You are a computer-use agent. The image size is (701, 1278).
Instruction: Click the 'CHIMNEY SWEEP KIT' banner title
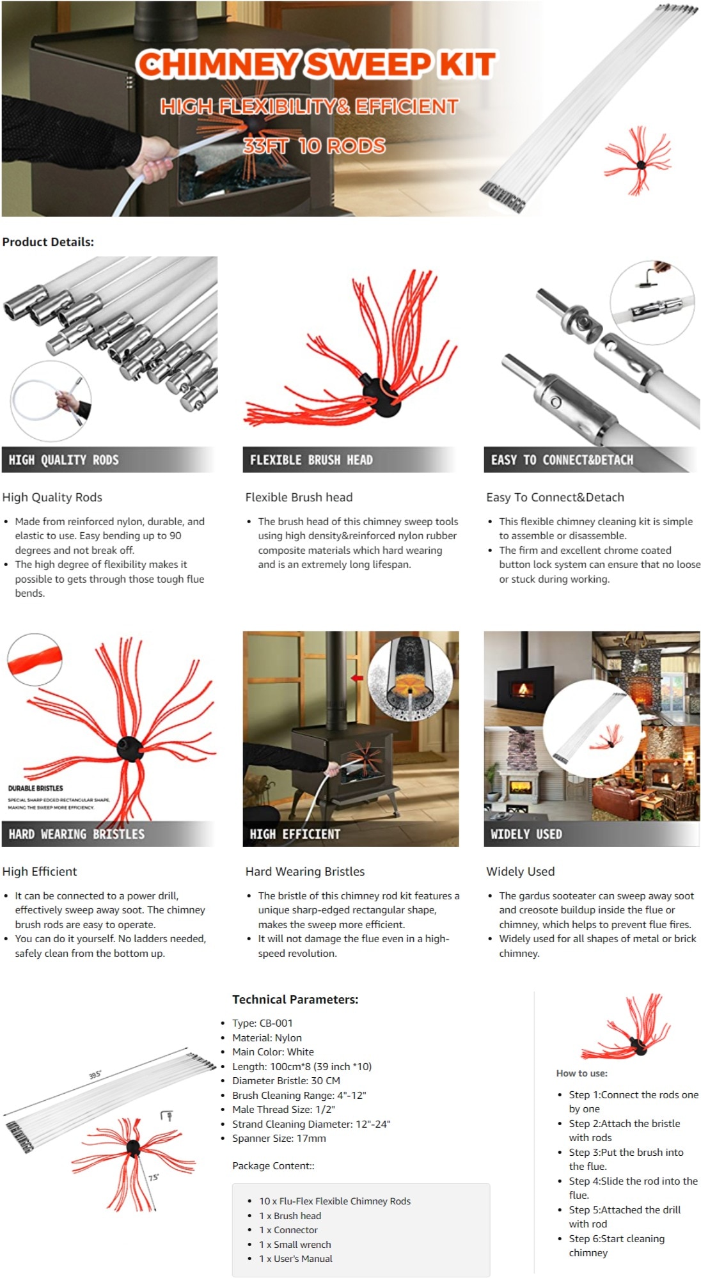(316, 65)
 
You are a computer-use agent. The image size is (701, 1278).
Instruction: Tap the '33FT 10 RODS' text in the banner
(314, 146)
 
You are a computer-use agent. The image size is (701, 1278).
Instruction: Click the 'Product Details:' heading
(48, 242)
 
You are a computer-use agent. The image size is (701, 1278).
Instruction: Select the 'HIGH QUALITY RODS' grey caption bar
(107, 460)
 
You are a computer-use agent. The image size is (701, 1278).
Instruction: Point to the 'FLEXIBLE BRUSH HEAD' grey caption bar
(349, 460)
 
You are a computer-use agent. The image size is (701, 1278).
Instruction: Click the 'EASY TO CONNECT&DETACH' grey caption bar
(591, 460)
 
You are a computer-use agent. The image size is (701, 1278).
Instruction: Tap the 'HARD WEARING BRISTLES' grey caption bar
(107, 834)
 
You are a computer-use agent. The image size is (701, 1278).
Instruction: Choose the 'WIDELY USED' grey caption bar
(591, 834)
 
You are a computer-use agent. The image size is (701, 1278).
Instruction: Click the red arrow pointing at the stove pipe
(357, 678)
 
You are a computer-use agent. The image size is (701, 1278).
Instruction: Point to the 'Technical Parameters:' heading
(295, 999)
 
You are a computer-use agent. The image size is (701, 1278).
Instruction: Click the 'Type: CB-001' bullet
(262, 1023)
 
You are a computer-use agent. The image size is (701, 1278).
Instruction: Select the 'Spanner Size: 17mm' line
(279, 1138)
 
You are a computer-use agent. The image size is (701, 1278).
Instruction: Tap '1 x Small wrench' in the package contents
(295, 1244)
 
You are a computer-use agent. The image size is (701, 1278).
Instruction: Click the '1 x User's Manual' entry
(295, 1258)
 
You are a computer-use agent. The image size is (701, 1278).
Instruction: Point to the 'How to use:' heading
(582, 1073)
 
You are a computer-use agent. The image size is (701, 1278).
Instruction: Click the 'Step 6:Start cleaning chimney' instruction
(617, 1245)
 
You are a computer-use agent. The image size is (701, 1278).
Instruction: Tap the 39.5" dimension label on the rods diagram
(95, 1075)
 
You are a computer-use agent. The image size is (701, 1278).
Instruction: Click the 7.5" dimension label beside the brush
(154, 1177)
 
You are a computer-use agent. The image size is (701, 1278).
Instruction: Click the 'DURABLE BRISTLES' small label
(36, 788)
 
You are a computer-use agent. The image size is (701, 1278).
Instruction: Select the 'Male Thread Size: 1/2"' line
(283, 1109)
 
